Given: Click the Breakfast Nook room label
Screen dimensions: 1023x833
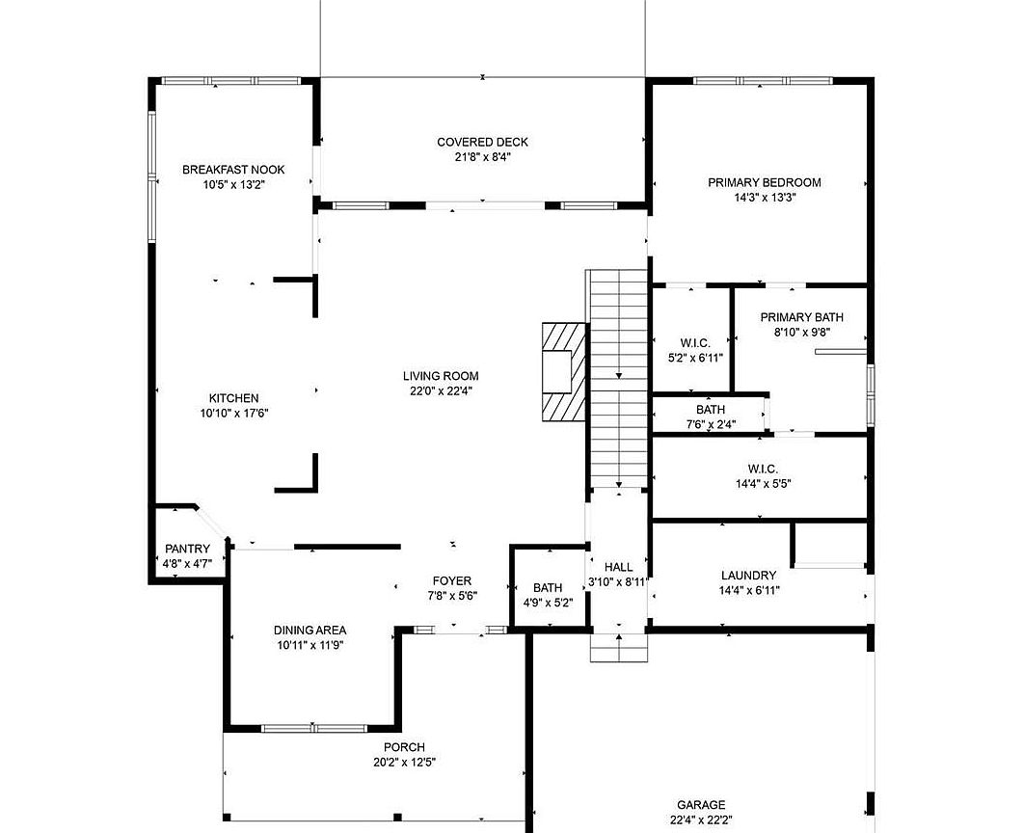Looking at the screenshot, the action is coord(233,170).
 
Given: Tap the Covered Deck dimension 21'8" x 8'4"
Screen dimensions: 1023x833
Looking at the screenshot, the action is coord(483,157).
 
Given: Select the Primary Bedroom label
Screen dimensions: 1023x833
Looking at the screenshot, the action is coord(765,182).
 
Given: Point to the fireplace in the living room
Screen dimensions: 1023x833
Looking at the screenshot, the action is coord(564,371).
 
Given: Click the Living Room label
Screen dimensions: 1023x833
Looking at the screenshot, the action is coord(441,376).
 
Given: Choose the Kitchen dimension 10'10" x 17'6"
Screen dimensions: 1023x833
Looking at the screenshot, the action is coord(234,413).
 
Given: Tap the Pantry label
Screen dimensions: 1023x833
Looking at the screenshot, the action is coord(187,550).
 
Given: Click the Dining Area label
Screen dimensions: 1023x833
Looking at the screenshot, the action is coord(310,631).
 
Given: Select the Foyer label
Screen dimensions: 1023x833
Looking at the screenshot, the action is coord(452,580).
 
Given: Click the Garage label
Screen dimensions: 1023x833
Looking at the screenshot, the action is coord(701,805).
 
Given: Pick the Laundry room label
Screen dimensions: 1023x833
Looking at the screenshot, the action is coord(749,576).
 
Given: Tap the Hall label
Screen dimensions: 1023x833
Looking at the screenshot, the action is coord(618,567).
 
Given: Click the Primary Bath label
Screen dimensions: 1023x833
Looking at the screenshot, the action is coord(802,317).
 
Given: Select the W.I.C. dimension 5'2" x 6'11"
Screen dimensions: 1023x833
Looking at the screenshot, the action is coord(695,358).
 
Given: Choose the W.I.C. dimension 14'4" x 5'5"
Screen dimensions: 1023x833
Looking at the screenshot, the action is coord(764,484).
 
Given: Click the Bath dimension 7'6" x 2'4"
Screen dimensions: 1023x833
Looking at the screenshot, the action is coord(711,424).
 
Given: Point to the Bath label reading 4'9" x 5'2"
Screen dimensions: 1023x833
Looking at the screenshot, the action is coord(548,604).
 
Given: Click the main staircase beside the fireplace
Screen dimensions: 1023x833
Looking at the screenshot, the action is coord(618,379).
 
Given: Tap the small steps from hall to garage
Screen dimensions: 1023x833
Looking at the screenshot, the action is coord(619,647).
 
